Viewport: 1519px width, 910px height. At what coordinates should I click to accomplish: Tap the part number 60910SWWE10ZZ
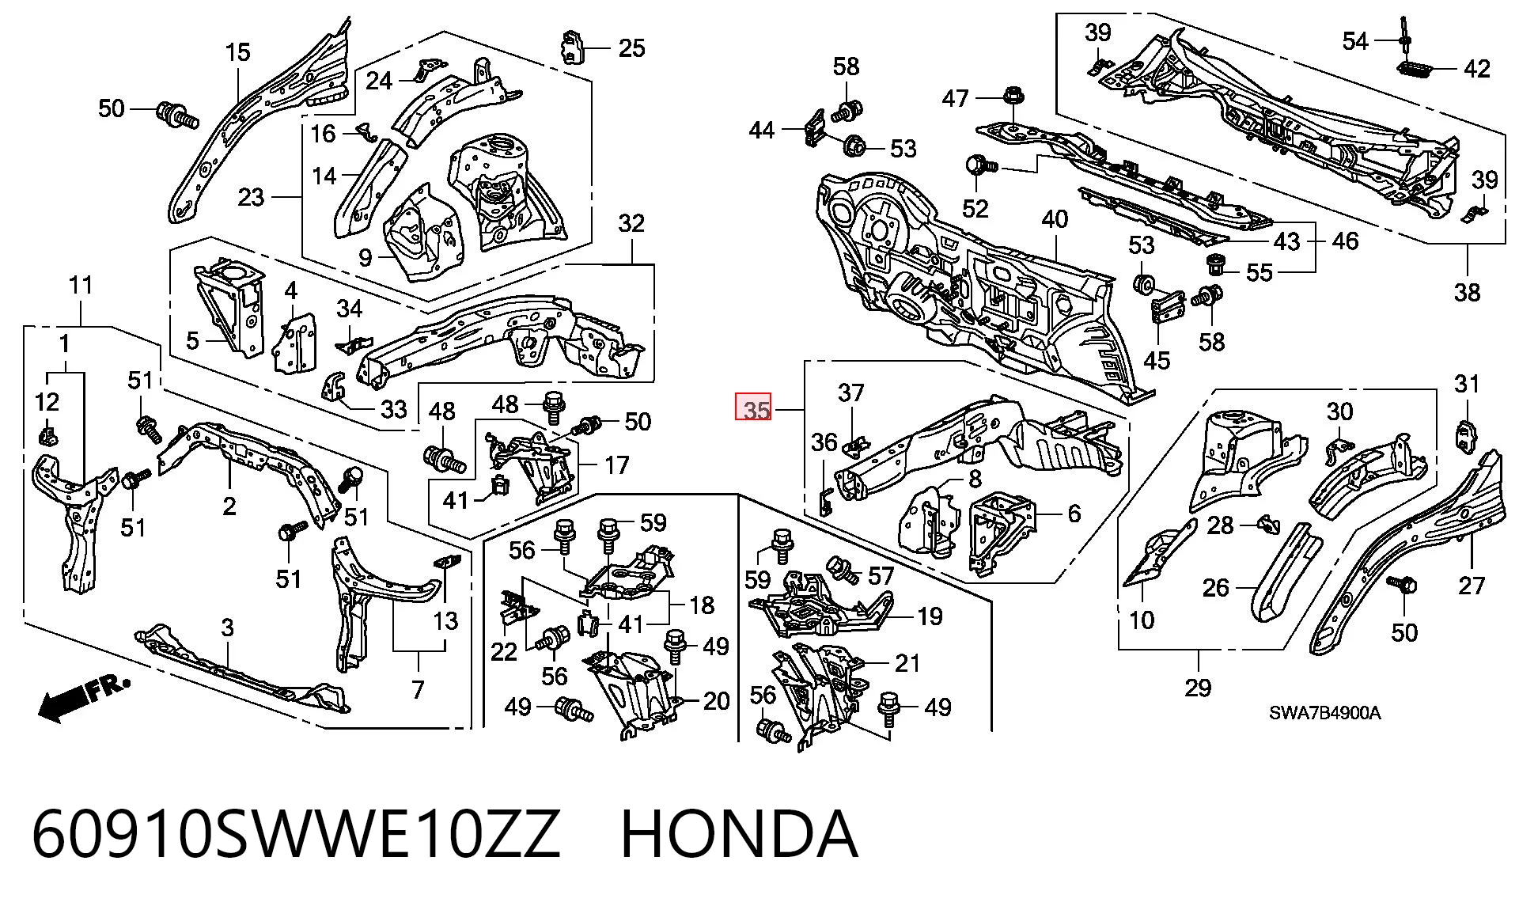(296, 834)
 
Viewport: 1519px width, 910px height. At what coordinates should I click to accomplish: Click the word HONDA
(739, 834)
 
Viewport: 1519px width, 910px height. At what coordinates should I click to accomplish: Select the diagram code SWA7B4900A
(1325, 713)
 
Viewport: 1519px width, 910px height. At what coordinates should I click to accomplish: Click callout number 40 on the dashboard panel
(1055, 219)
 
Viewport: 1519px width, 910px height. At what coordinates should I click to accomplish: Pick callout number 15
(237, 52)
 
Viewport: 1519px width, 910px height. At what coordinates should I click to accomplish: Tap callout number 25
(631, 48)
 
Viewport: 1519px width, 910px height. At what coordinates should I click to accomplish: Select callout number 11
(81, 285)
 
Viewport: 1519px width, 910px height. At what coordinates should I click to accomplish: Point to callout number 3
(227, 628)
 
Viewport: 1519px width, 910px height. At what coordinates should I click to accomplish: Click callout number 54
(1355, 40)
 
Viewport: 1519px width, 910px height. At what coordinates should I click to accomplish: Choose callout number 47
(956, 97)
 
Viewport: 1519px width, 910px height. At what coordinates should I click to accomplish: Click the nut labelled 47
(1012, 97)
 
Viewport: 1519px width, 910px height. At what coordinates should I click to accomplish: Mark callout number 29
(1198, 687)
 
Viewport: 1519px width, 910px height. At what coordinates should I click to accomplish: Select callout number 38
(1467, 292)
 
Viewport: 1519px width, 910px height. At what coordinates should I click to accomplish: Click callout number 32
(631, 223)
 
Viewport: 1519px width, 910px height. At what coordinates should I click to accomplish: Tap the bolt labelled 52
(981, 166)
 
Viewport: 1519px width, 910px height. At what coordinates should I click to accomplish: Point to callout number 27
(1472, 586)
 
